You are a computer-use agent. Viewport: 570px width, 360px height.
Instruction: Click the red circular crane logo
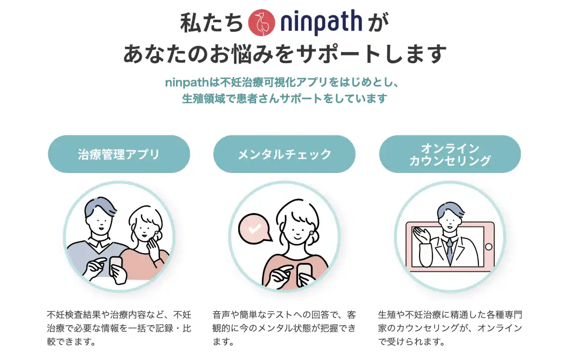click(x=261, y=23)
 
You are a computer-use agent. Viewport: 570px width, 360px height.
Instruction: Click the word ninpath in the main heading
click(x=321, y=22)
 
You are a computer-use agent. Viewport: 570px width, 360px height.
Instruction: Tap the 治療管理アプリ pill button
click(x=119, y=154)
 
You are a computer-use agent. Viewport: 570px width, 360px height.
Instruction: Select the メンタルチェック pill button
click(x=284, y=154)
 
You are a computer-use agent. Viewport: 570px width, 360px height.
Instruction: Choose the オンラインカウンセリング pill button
click(x=450, y=154)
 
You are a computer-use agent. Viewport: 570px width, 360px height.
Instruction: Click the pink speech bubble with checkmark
click(x=255, y=228)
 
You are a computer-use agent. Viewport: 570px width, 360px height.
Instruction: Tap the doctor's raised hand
click(x=421, y=236)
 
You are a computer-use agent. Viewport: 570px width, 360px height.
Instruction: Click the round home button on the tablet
click(x=489, y=247)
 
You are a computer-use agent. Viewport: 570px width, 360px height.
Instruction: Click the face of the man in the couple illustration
click(x=100, y=222)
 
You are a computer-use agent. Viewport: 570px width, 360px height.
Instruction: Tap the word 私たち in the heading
click(x=211, y=22)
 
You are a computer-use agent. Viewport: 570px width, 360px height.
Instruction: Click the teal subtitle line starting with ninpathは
click(x=283, y=82)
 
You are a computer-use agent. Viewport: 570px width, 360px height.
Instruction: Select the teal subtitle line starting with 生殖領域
click(x=284, y=98)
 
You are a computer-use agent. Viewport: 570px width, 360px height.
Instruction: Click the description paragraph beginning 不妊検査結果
click(x=119, y=328)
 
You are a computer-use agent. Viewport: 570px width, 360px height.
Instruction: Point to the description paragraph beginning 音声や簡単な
click(x=284, y=328)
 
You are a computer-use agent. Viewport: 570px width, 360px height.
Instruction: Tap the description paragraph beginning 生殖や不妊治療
click(x=450, y=328)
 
